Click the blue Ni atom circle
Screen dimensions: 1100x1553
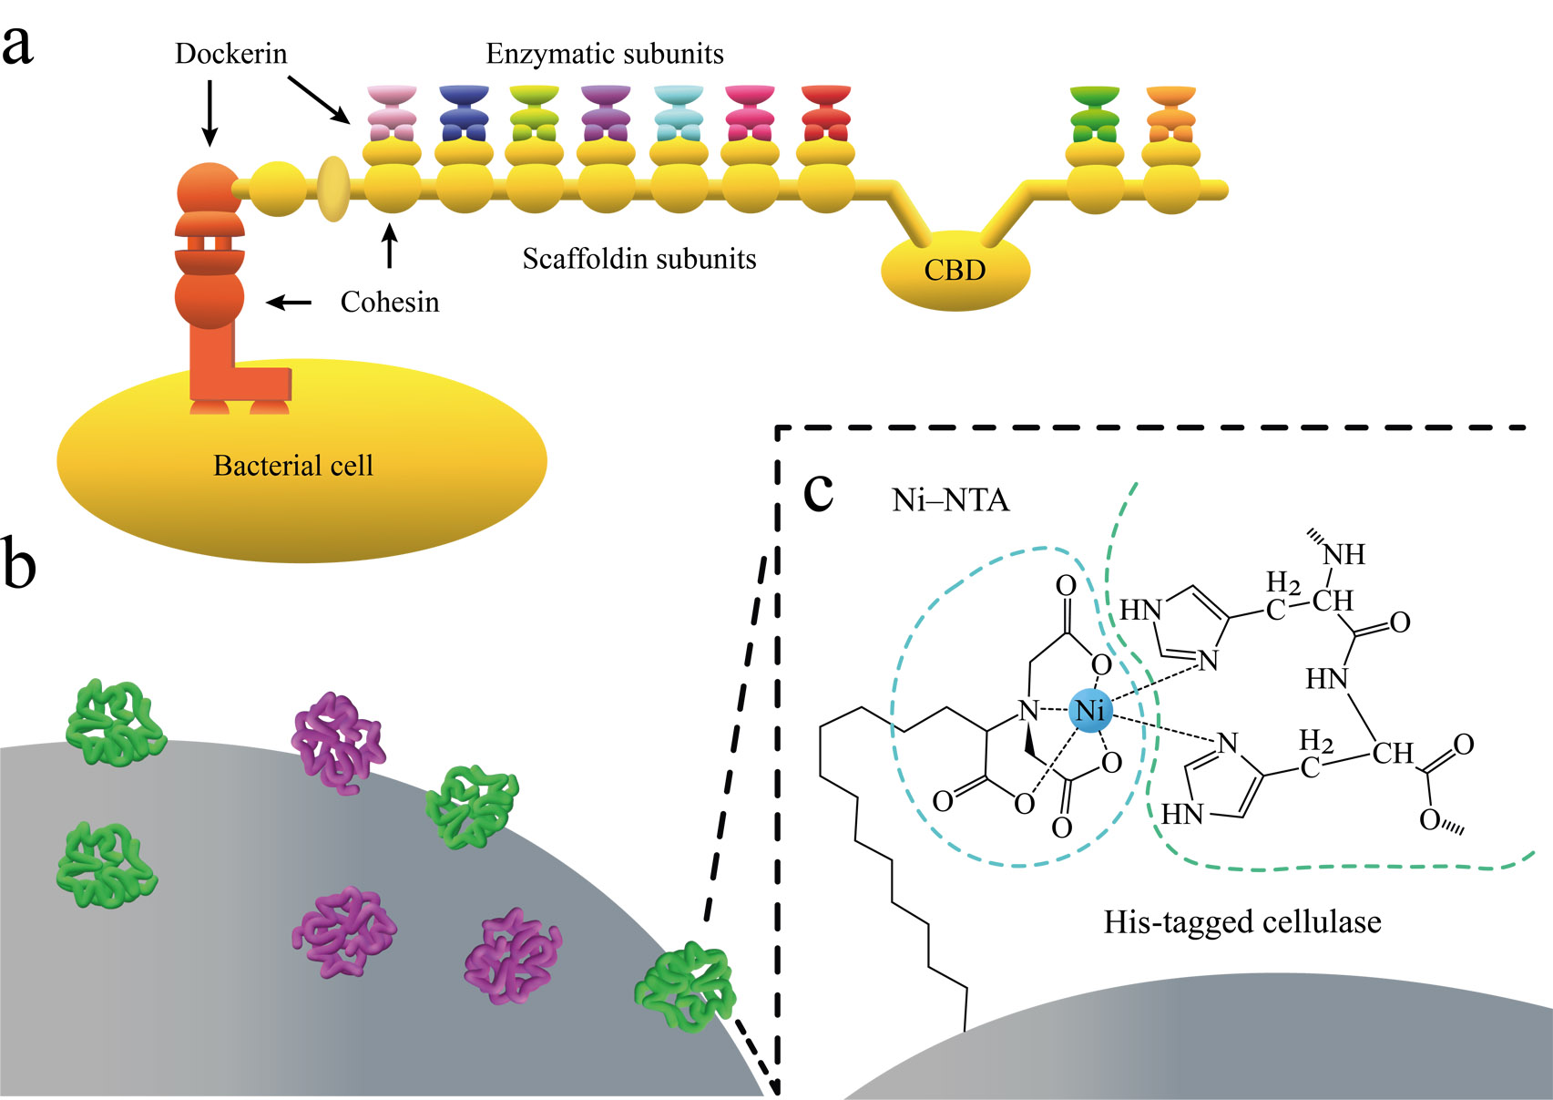click(x=1090, y=710)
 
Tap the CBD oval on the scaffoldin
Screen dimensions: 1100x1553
click(x=955, y=271)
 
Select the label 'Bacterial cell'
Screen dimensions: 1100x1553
click(x=293, y=466)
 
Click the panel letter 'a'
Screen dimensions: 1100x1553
click(x=17, y=46)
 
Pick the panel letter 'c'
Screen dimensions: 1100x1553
click(x=819, y=492)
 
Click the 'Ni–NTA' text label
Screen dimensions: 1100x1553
click(x=951, y=500)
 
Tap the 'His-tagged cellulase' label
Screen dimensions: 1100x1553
click(x=1242, y=922)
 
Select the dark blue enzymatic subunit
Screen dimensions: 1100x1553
click(x=464, y=114)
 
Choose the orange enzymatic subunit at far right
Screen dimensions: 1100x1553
click(x=1171, y=114)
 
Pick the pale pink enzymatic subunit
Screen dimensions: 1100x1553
click(x=392, y=114)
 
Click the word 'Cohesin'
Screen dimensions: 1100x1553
click(x=390, y=303)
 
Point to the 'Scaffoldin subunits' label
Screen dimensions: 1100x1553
click(x=639, y=260)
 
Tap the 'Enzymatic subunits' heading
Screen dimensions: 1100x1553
click(x=605, y=55)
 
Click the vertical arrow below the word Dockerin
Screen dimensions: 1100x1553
click(x=209, y=113)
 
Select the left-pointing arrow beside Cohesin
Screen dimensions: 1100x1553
click(x=289, y=302)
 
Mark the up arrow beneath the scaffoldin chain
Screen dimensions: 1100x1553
click(x=391, y=246)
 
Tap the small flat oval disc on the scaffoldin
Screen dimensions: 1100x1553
click(x=333, y=189)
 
